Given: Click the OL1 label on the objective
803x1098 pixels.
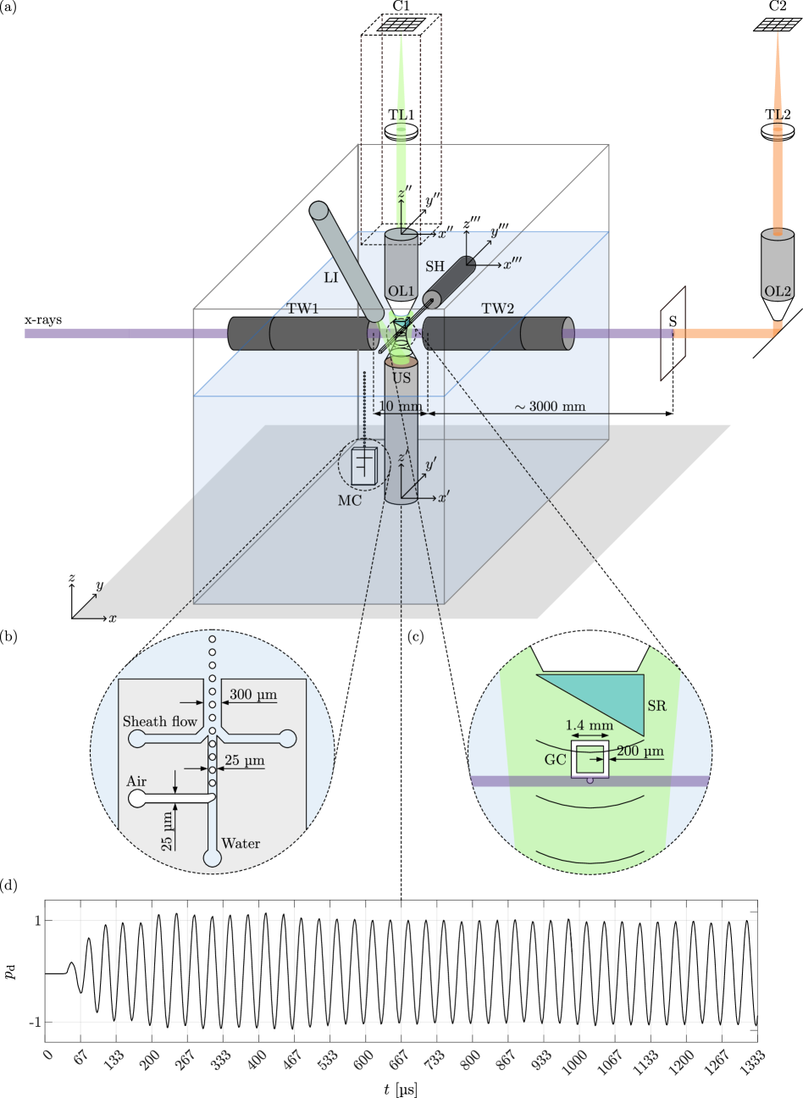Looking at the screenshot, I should click(x=400, y=291).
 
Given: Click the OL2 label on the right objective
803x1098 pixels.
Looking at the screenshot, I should click(x=777, y=291).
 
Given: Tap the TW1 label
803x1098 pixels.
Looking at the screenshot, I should click(x=302, y=308).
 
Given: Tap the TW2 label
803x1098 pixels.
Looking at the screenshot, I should click(x=498, y=308).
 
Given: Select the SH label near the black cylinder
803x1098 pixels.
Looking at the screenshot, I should click(x=435, y=266).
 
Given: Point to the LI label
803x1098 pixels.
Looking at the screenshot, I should click(x=331, y=277).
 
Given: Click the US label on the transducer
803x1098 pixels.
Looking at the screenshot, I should click(x=401, y=378).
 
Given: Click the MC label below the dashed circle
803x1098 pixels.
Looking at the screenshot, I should click(x=350, y=501).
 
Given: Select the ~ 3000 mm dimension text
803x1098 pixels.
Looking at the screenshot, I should click(x=550, y=407).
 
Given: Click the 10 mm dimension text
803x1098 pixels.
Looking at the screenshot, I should click(x=400, y=407).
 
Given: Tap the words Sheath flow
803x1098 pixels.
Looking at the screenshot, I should click(x=159, y=722).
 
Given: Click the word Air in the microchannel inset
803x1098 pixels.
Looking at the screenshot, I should click(x=136, y=781).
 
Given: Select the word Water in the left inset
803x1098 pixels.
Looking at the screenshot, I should click(x=241, y=844).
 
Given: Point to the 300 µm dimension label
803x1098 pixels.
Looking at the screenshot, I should click(x=252, y=695).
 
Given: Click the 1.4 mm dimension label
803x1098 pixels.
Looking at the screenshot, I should click(x=589, y=725).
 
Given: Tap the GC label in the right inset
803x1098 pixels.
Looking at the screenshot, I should click(x=555, y=760).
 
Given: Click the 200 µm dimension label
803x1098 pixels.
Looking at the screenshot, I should click(x=640, y=751).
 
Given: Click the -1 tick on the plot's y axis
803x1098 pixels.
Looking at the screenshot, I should click(x=35, y=1023).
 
